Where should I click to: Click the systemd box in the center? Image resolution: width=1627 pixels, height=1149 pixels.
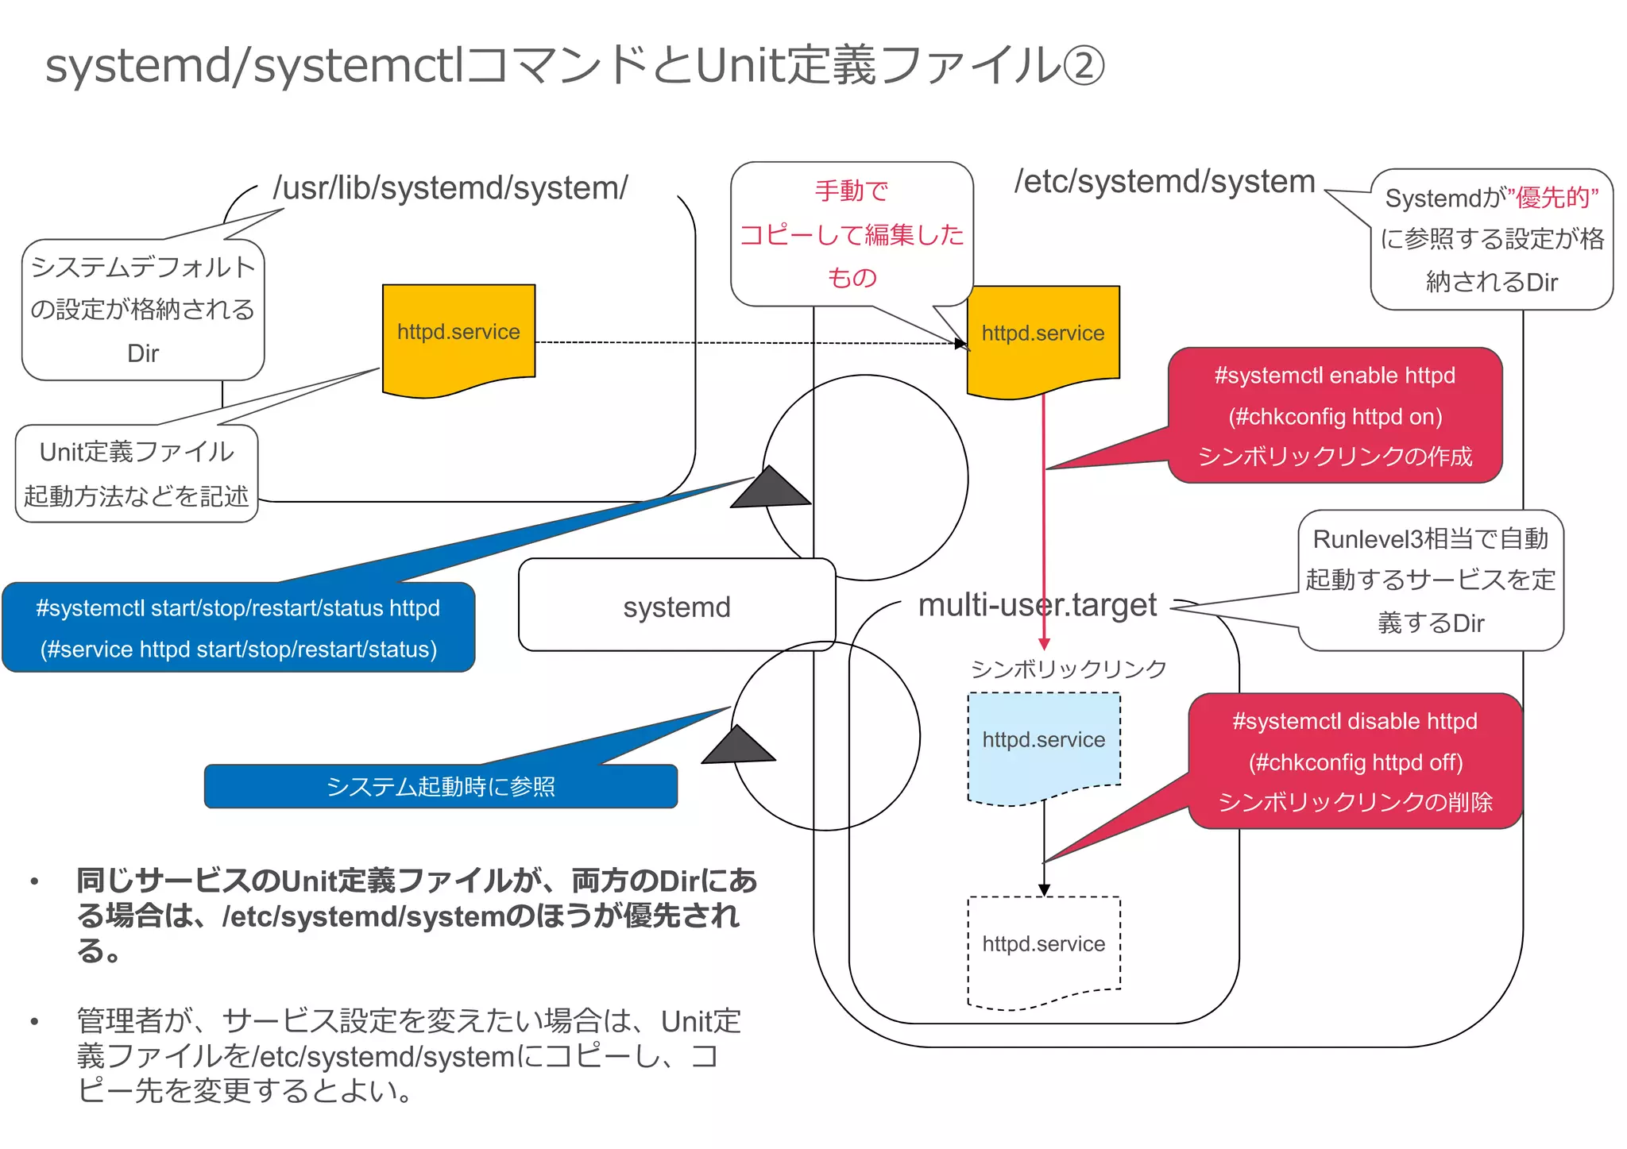click(676, 607)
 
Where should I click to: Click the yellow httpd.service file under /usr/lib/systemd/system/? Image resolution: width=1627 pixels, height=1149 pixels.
click(458, 333)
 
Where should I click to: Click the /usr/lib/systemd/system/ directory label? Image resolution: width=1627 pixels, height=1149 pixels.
click(450, 188)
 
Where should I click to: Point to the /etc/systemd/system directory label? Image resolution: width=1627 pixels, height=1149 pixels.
click(1165, 182)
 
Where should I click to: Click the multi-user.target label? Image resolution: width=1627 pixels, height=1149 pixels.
click(1037, 606)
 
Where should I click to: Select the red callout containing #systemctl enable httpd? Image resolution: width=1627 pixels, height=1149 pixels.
click(1335, 415)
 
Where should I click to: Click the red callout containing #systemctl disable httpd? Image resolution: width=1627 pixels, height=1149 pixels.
click(1355, 762)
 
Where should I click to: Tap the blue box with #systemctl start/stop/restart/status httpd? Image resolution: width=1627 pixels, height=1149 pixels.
click(238, 628)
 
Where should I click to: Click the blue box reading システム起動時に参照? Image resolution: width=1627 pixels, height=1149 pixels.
click(441, 787)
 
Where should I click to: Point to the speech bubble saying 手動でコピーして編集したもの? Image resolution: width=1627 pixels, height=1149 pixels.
click(852, 234)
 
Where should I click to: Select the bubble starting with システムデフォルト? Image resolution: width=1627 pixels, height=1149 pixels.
click(143, 310)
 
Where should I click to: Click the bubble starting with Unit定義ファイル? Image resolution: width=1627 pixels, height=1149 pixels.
click(137, 474)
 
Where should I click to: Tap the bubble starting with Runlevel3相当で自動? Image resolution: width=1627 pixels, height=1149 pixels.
click(1430, 580)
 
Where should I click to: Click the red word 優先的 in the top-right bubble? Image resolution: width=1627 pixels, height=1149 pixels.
click(1556, 198)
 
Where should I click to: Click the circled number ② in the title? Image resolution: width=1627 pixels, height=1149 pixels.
click(1083, 66)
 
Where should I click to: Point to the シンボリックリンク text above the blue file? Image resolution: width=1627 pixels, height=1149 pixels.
click(1068, 669)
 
